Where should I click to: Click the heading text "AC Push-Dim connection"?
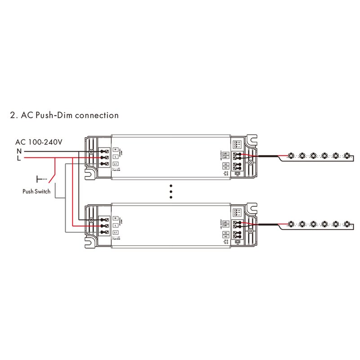pyautogui.click(x=69, y=115)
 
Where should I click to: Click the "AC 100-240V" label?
pyautogui.click(x=39, y=142)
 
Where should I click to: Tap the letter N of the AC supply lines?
pyautogui.click(x=19, y=151)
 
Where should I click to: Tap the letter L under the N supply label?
pyautogui.click(x=19, y=158)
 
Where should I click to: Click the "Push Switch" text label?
pyautogui.click(x=36, y=191)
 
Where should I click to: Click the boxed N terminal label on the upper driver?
pyautogui.click(x=116, y=149)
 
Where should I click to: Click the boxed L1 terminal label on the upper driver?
pyautogui.click(x=116, y=164)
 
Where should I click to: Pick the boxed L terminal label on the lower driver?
pyautogui.click(x=116, y=225)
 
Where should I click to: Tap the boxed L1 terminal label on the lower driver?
pyautogui.click(x=116, y=232)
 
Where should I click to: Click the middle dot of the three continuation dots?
pyautogui.click(x=171, y=191)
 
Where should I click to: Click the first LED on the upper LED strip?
pyautogui.click(x=291, y=156)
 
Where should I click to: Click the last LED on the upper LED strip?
pyautogui.click(x=346, y=156)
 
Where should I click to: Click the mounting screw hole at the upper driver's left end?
pyautogui.click(x=91, y=152)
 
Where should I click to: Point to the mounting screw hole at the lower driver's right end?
pyautogui.click(x=251, y=220)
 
